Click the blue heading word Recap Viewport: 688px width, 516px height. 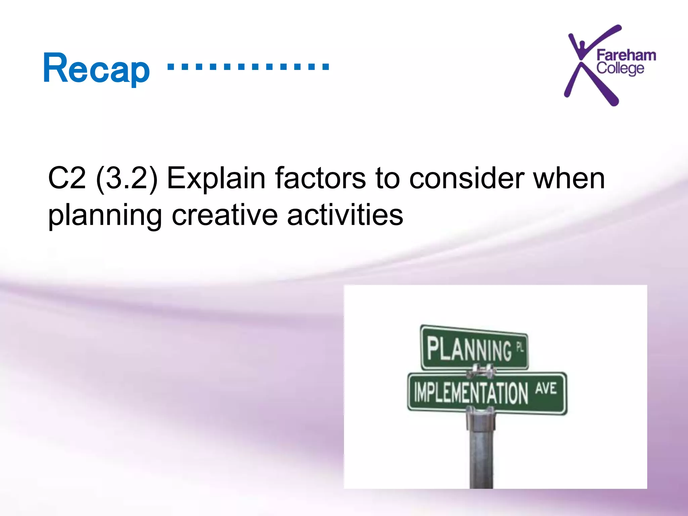(x=96, y=69)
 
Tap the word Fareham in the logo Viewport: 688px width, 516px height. (x=626, y=55)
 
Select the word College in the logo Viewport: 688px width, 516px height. (x=620, y=69)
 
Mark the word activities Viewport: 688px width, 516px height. (x=345, y=215)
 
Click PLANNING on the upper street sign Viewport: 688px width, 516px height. (x=469, y=349)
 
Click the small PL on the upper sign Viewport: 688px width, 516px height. (x=520, y=347)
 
